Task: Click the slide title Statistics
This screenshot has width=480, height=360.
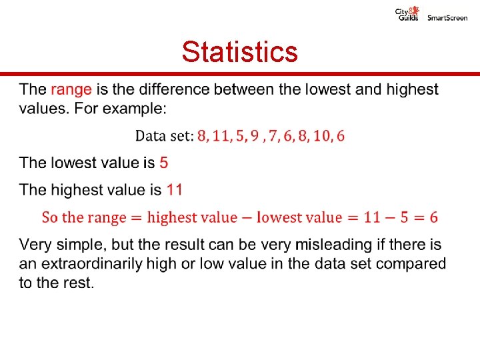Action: [239, 51]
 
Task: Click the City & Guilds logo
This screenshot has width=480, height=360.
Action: [407, 14]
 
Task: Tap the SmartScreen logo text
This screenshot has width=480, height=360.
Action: [447, 18]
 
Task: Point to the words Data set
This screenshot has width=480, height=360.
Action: [164, 137]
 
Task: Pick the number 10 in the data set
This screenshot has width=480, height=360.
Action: [321, 137]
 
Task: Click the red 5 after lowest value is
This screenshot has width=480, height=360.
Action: [164, 163]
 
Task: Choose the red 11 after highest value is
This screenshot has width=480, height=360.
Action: [174, 190]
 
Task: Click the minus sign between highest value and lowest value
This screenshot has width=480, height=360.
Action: [247, 217]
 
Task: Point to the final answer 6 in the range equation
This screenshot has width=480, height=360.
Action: [433, 217]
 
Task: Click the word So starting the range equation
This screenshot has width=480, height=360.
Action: [49, 217]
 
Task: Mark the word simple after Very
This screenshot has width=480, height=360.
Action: [80, 245]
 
